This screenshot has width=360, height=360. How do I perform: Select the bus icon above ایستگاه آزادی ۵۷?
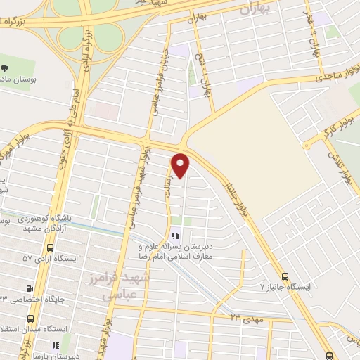49,248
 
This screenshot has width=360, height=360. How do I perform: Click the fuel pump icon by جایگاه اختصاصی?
29,288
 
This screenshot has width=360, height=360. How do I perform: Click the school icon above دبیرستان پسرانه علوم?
176,236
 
